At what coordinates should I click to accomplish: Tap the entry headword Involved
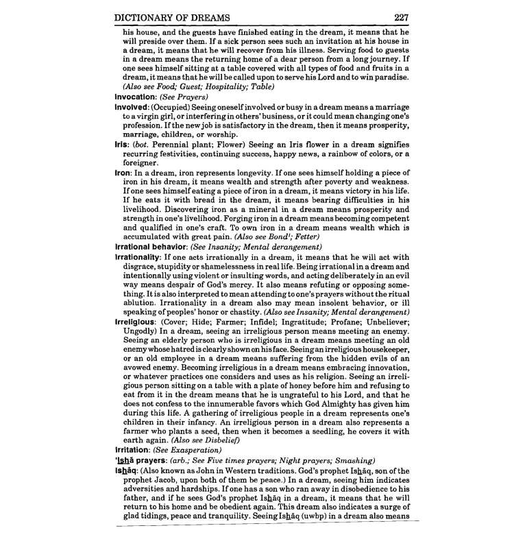[134, 107]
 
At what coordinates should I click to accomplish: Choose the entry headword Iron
[124, 174]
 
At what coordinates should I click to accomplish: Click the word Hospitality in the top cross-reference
[227, 87]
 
